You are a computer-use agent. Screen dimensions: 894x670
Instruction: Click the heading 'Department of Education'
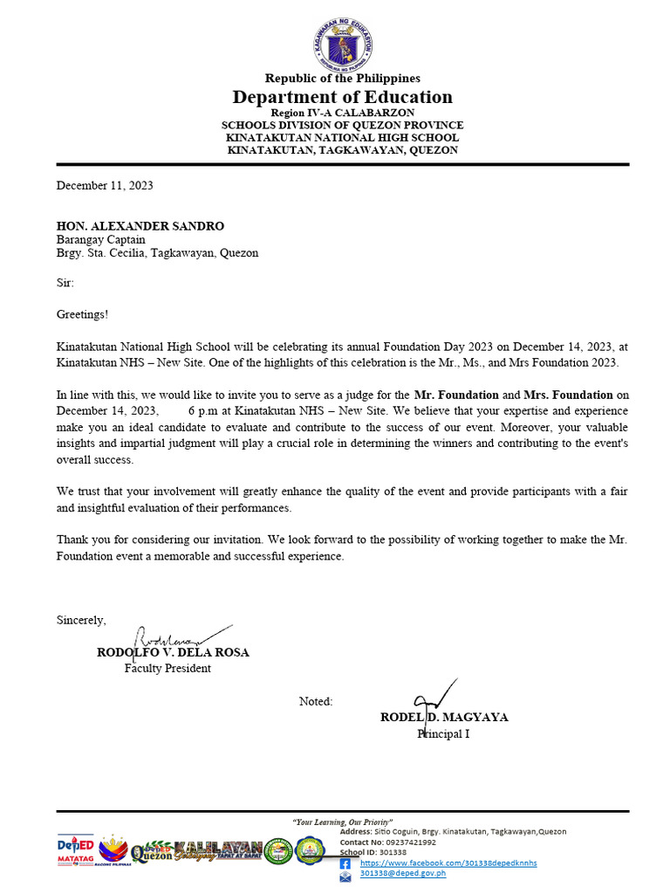(x=342, y=97)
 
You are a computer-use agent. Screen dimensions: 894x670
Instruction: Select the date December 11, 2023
(x=105, y=185)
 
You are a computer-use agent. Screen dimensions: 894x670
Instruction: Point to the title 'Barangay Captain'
(x=100, y=240)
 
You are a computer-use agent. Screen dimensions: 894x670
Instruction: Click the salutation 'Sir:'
(x=65, y=283)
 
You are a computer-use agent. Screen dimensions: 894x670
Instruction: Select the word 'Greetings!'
(x=82, y=313)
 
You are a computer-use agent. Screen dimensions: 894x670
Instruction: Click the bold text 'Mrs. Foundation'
(x=568, y=395)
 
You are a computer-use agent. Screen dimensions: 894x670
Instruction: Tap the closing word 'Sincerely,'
(x=81, y=620)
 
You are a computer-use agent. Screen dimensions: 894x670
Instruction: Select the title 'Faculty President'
(x=167, y=669)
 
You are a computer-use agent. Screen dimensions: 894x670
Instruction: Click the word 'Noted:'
(x=316, y=701)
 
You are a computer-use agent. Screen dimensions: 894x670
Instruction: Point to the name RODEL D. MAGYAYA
(x=444, y=718)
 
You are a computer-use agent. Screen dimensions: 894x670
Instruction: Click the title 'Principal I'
(x=443, y=734)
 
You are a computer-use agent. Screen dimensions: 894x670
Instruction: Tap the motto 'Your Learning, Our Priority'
(x=342, y=822)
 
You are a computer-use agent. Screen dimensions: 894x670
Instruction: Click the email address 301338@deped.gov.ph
(x=402, y=873)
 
